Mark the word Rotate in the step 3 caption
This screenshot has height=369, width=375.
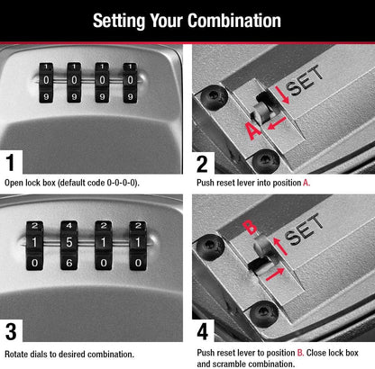pos(19,355)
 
